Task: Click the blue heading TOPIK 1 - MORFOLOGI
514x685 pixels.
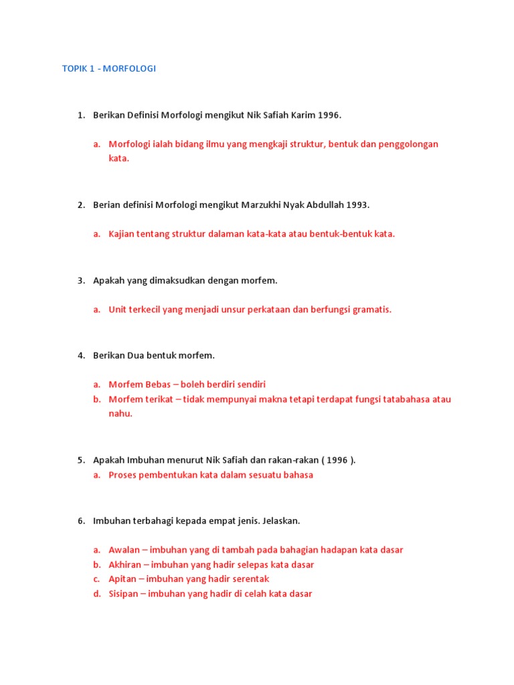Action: click(x=108, y=68)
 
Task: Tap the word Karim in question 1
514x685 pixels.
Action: click(x=301, y=115)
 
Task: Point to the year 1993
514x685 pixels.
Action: click(x=357, y=205)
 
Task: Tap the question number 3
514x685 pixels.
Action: click(x=81, y=280)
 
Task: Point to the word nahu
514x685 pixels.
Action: click(x=120, y=413)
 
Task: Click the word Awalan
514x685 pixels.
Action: click(x=124, y=550)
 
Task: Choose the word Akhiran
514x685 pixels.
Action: click(x=124, y=565)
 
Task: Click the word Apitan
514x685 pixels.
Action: click(x=122, y=579)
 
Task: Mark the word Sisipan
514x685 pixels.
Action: click(x=124, y=593)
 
